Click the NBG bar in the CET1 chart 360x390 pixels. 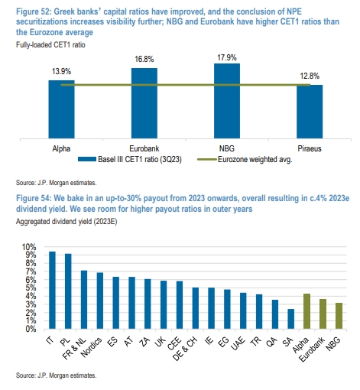tap(227, 101)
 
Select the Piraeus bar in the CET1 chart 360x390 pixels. tap(310, 112)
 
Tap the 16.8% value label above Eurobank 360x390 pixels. tap(144, 60)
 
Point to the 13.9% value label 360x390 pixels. tap(61, 71)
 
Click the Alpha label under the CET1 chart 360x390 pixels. tap(61, 148)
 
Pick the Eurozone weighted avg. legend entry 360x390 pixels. tap(245, 160)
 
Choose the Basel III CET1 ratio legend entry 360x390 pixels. tap(130, 160)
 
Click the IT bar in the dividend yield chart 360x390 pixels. tap(52, 290)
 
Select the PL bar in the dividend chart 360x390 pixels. tap(68, 291)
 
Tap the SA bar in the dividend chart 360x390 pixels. tap(290, 319)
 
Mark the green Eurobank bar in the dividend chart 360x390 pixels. tap(323, 314)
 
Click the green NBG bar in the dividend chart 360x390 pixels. tap(339, 316)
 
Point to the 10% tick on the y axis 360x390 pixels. tap(29, 247)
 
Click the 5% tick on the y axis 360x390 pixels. tap(31, 288)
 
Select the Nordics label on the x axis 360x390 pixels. tap(91, 347)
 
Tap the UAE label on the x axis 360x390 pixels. tap(238, 343)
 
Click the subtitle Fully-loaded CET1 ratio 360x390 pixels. tap(50, 45)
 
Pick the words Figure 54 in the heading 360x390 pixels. tap(34, 198)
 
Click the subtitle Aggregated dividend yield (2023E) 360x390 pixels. tap(66, 222)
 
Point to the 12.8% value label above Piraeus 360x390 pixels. tap(310, 76)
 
